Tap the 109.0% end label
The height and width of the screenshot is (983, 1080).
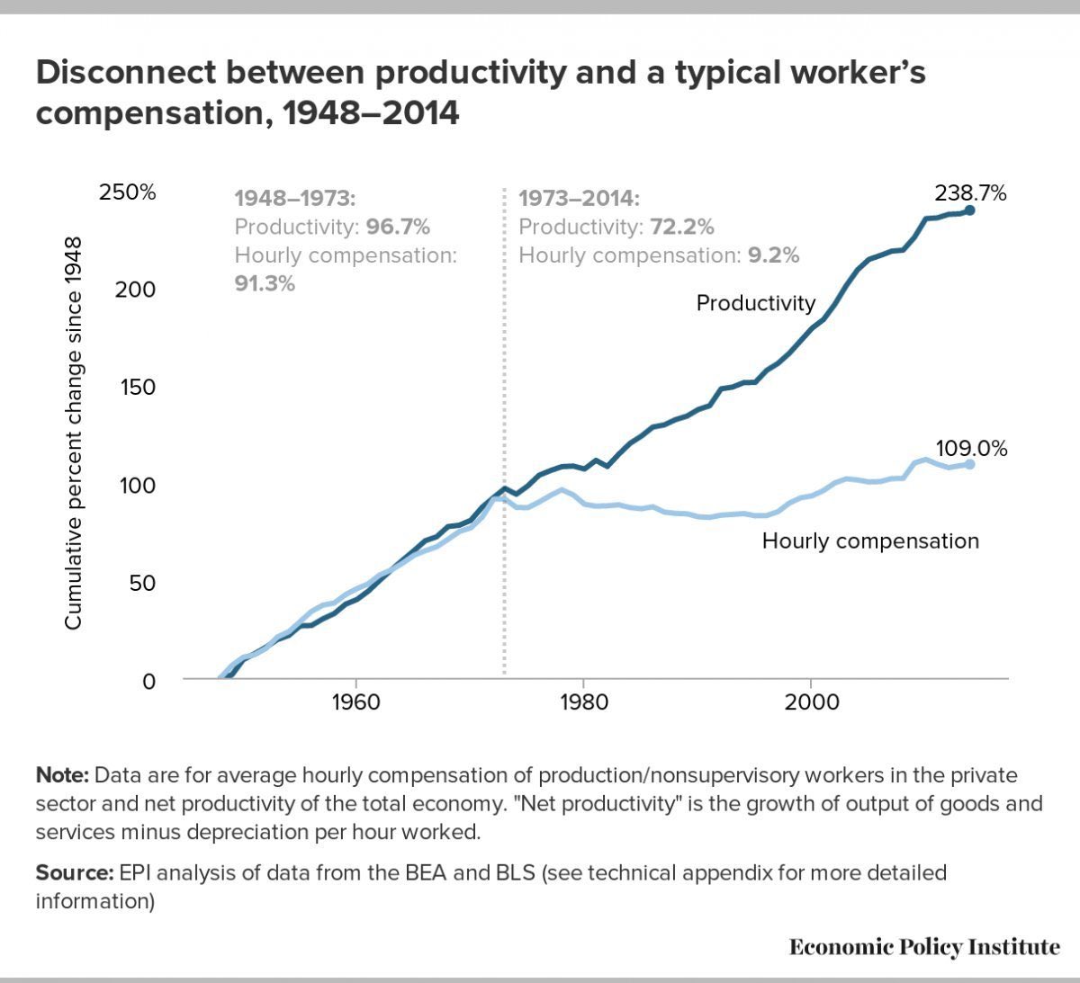click(x=971, y=448)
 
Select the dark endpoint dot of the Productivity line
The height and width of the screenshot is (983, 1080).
click(x=969, y=210)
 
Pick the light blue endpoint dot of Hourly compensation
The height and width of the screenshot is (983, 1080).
click(x=969, y=464)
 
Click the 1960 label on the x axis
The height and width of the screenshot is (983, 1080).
click(x=356, y=701)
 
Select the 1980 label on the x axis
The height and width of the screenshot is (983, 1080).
click(x=583, y=701)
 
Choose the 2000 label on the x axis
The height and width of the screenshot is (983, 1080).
click(x=811, y=701)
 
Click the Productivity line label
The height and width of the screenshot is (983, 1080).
click(x=755, y=303)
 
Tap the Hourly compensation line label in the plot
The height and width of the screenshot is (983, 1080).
click(x=869, y=541)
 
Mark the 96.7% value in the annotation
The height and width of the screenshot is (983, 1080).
click(x=398, y=227)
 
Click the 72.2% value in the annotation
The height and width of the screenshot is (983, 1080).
click(x=681, y=227)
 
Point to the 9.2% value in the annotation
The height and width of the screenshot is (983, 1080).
click(x=773, y=255)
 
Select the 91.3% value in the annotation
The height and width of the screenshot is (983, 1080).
click(x=265, y=283)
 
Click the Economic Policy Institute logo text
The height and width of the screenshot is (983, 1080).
click(x=924, y=947)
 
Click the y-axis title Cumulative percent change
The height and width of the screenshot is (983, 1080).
click(x=73, y=432)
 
